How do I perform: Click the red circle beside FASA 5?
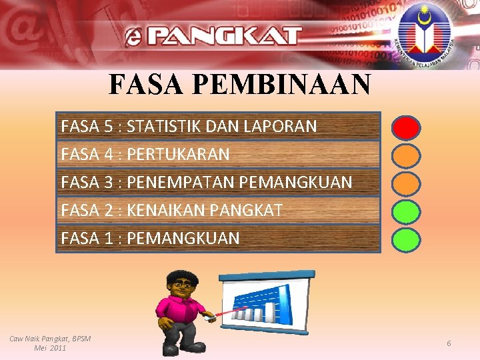pyautogui.click(x=405, y=127)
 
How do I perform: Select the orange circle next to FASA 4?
pyautogui.click(x=405, y=155)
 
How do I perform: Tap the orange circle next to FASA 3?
pyautogui.click(x=405, y=183)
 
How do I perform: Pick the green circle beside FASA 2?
pyautogui.click(x=405, y=211)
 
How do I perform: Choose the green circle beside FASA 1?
pyautogui.click(x=405, y=239)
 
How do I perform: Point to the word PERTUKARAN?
pyautogui.click(x=178, y=155)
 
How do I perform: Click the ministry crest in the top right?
pyautogui.click(x=423, y=32)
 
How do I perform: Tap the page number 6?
pyautogui.click(x=449, y=343)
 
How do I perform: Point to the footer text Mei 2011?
pyautogui.click(x=50, y=348)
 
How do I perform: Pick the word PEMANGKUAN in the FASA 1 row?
pyautogui.click(x=183, y=239)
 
